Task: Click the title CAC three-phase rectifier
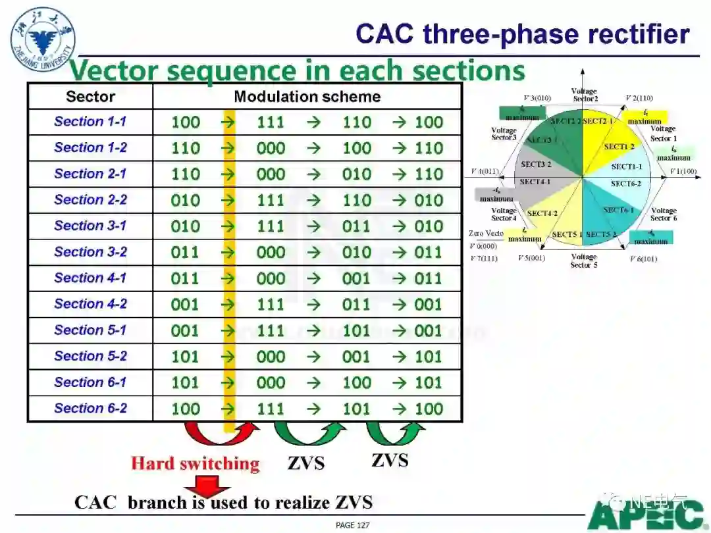(x=522, y=34)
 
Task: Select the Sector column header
(x=90, y=97)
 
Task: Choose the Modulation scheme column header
(x=307, y=97)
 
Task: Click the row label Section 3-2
(x=90, y=252)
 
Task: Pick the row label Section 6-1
(x=90, y=382)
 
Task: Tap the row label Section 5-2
(x=90, y=356)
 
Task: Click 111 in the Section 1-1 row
(x=271, y=122)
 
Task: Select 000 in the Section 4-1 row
(x=271, y=278)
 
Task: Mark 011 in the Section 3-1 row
(x=356, y=226)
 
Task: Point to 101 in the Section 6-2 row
(x=356, y=409)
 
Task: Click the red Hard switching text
(x=195, y=463)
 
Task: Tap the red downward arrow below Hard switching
(x=207, y=490)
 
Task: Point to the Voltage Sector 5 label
(x=584, y=261)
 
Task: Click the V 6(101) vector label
(x=643, y=259)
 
